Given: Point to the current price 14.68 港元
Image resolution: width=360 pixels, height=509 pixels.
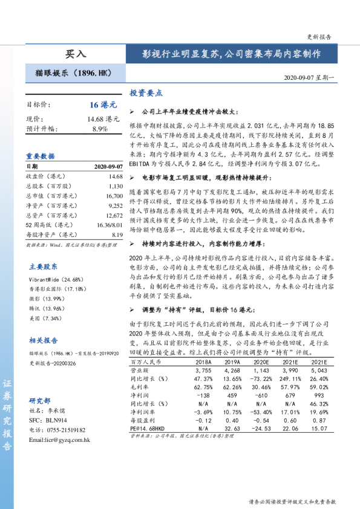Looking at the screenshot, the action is [103, 119].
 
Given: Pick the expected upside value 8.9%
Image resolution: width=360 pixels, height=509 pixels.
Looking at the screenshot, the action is [100, 129].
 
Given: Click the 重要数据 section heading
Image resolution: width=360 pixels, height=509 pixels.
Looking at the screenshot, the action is [40, 155].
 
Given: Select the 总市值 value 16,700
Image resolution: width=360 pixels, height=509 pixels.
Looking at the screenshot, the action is [114, 196].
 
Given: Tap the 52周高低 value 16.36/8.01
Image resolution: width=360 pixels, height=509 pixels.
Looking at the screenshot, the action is [110, 224].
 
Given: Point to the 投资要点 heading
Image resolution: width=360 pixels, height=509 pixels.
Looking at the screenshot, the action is [146, 93].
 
